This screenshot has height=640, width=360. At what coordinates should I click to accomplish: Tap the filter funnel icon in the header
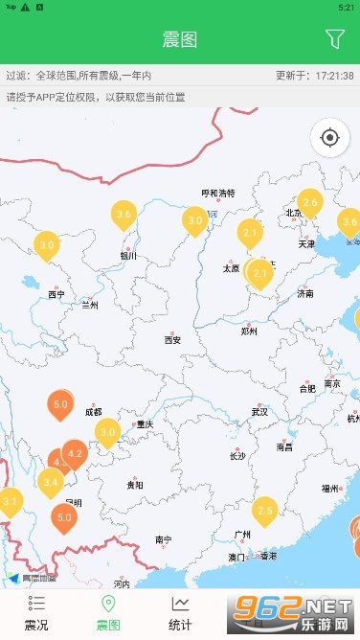pos(334,39)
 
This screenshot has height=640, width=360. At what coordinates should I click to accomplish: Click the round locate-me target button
pos(330,138)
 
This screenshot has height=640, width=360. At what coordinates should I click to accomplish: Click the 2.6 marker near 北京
pos(309,203)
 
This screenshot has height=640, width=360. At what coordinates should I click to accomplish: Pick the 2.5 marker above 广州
pos(264,511)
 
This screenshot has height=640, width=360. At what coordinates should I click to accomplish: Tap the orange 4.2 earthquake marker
pos(76,453)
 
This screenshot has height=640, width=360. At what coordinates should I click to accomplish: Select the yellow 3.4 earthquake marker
pos(51,482)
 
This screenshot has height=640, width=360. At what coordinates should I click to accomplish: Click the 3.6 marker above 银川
pos(124,215)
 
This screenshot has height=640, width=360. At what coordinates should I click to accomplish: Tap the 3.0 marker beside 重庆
pos(107,432)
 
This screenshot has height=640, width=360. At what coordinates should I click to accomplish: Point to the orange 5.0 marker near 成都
pos(60,405)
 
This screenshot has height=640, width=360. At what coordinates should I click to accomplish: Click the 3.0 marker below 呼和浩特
pos(195,220)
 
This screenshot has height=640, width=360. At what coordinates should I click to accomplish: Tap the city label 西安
pos(172,339)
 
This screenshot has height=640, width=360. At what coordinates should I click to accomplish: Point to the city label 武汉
pos(259,411)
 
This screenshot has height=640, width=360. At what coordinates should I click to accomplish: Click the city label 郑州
pos(249,331)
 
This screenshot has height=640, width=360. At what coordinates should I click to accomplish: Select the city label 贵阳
pos(135,485)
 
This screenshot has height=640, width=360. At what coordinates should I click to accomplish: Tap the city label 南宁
pos(163,539)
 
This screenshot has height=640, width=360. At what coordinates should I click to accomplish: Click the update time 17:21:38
pos(327,75)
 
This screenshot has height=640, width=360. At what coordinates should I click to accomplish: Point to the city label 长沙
pos(237,455)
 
